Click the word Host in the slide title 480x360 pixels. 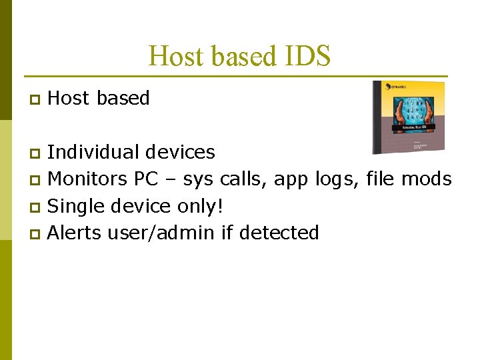(x=174, y=56)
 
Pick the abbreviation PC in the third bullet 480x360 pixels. (x=147, y=179)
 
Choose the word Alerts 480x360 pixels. (x=75, y=233)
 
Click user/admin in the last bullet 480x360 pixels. (x=157, y=233)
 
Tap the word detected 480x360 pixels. (x=279, y=233)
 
